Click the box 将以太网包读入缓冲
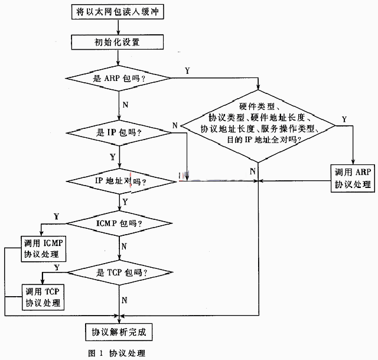[x=118, y=12]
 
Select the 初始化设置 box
[x=118, y=42]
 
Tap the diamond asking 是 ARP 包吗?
[x=118, y=78]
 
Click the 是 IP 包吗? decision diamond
[x=119, y=132]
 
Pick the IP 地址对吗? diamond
[x=121, y=181]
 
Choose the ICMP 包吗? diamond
[x=119, y=223]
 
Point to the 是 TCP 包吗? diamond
[x=120, y=273]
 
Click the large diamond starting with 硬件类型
[x=258, y=126]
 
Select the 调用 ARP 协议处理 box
[x=353, y=179]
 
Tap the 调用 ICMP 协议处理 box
[x=44, y=249]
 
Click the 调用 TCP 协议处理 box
[x=43, y=297]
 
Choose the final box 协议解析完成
[x=119, y=332]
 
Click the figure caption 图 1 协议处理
[x=117, y=353]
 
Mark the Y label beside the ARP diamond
[x=187, y=71]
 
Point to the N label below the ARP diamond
[x=125, y=105]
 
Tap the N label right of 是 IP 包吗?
[x=175, y=125]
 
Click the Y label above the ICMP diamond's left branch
[x=57, y=216]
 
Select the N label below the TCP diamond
[x=125, y=300]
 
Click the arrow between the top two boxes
[x=118, y=27]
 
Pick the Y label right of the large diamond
[x=344, y=119]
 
